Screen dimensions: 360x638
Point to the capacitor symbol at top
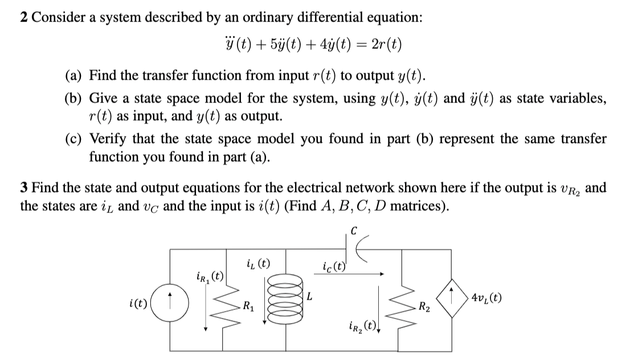click(353, 249)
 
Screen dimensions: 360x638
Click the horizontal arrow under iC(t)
click(353, 274)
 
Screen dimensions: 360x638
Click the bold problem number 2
click(24, 17)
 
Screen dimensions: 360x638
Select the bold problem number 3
click(24, 187)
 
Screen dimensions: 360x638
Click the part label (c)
click(73, 139)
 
